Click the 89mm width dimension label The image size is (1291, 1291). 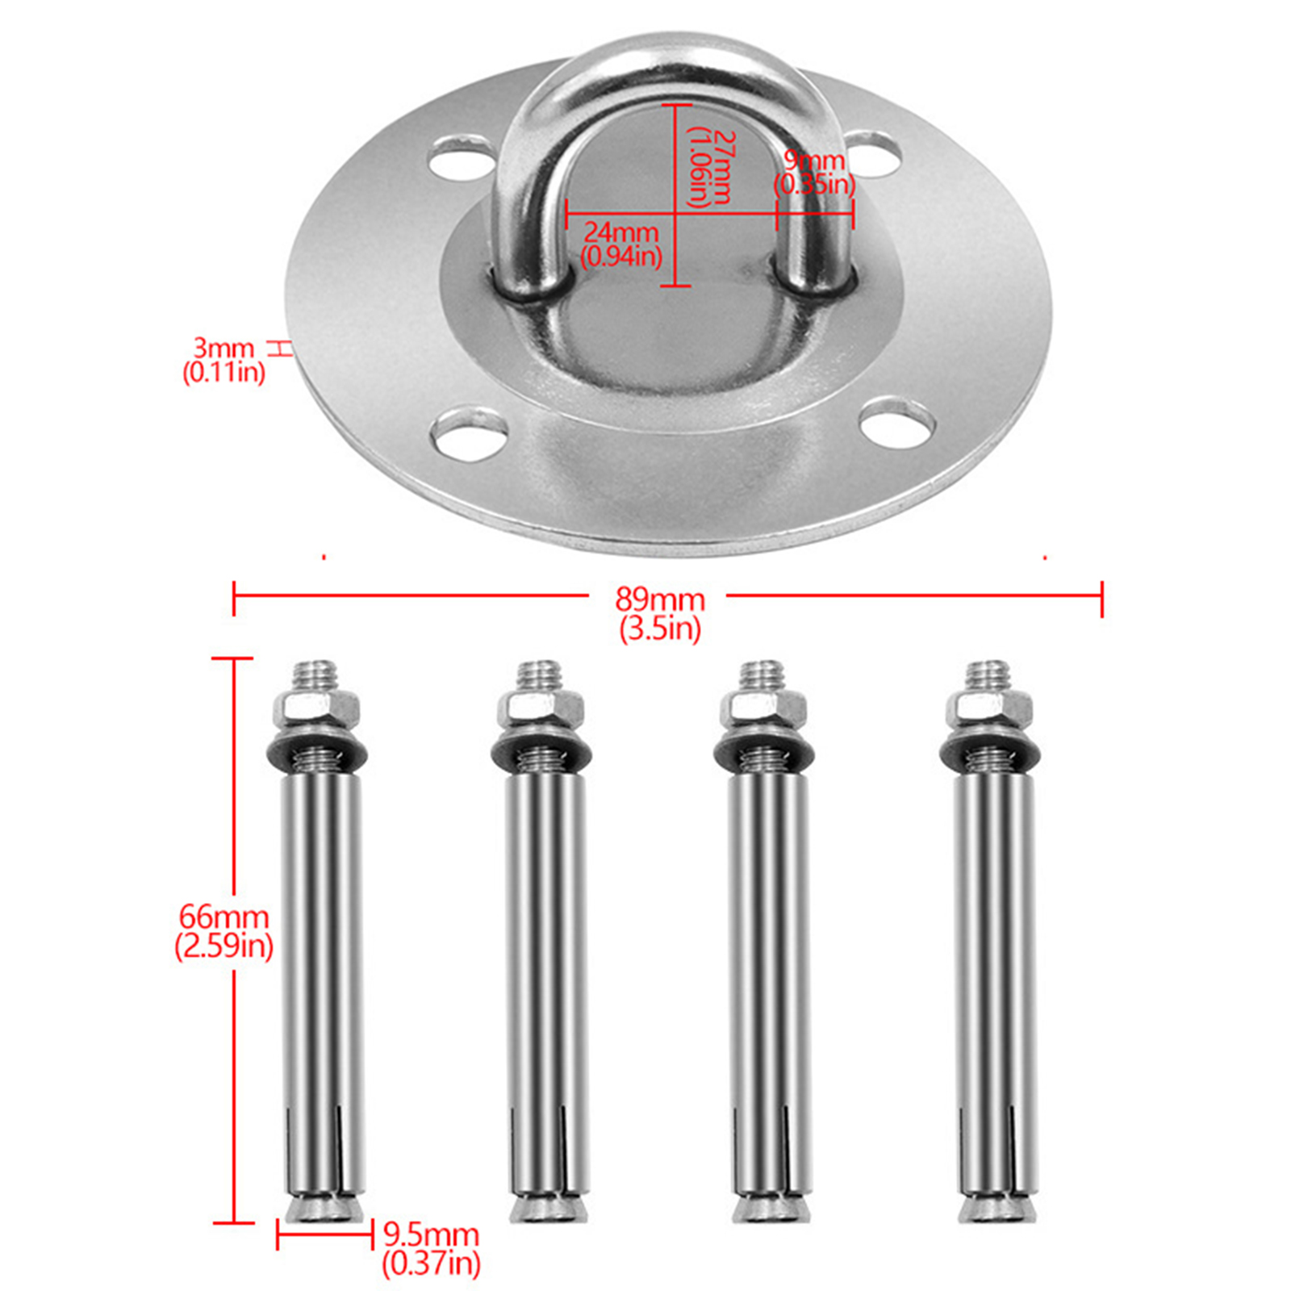(x=660, y=600)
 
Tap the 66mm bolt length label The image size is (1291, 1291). (x=224, y=917)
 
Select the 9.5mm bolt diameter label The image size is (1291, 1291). (x=431, y=1235)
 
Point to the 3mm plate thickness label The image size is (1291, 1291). (x=224, y=348)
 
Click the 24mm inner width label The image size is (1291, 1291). (x=620, y=232)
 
